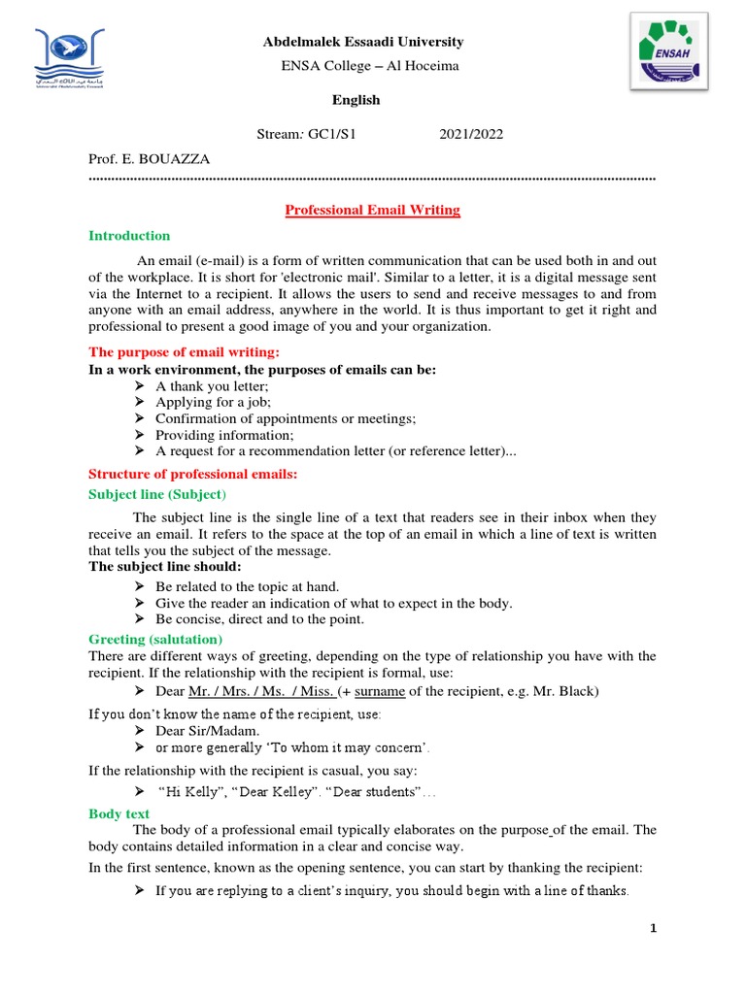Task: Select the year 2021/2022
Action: click(x=471, y=134)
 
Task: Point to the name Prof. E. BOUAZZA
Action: click(x=149, y=158)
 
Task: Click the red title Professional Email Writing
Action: click(x=372, y=210)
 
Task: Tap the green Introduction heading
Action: click(x=129, y=236)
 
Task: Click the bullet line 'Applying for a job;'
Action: click(x=213, y=402)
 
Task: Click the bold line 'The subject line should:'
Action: click(x=165, y=567)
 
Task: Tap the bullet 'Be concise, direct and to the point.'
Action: click(x=259, y=619)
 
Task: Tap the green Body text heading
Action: click(x=119, y=812)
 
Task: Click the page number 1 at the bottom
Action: click(x=654, y=929)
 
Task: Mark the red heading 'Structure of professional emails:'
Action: click(x=192, y=475)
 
